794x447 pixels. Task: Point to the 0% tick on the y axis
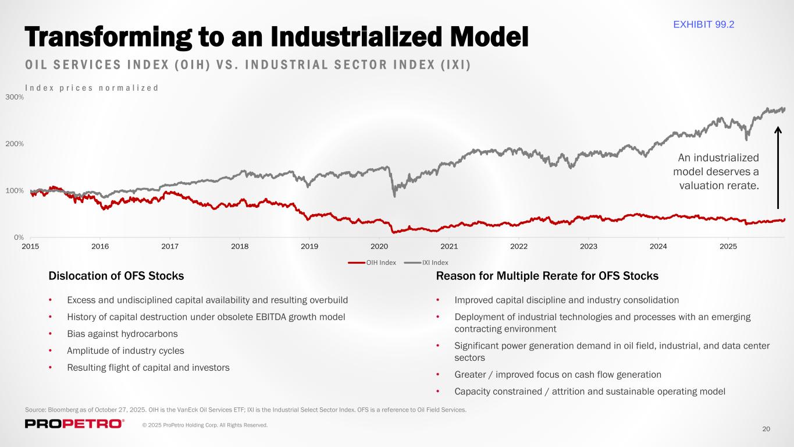[18, 237]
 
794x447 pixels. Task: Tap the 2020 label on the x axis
[379, 246]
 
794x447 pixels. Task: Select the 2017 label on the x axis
[170, 246]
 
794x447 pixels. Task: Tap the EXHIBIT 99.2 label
[703, 24]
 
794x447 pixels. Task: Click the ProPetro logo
[74, 424]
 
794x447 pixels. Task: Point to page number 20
[766, 429]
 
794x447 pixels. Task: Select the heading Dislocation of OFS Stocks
[116, 276]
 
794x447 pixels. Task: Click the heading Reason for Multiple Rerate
[547, 276]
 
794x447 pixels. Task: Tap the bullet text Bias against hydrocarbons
[122, 334]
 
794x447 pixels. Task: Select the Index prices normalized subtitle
[92, 88]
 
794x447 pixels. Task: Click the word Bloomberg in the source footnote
[64, 410]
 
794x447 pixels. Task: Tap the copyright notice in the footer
[205, 425]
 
